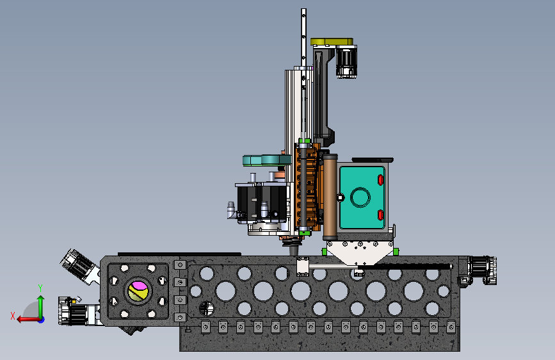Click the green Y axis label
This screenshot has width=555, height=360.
pyautogui.click(x=40, y=288)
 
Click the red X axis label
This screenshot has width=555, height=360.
pyautogui.click(x=13, y=316)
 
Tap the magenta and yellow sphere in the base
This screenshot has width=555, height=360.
pyautogui.click(x=138, y=291)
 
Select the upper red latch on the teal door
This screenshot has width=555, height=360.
pyautogui.click(x=380, y=180)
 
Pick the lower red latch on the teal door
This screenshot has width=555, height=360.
pyautogui.click(x=380, y=215)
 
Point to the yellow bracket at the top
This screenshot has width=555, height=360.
pyautogui.click(x=332, y=42)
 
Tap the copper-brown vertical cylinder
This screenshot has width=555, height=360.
pyautogui.click(x=330, y=197)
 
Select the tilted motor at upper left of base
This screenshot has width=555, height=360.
pyautogui.click(x=79, y=266)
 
